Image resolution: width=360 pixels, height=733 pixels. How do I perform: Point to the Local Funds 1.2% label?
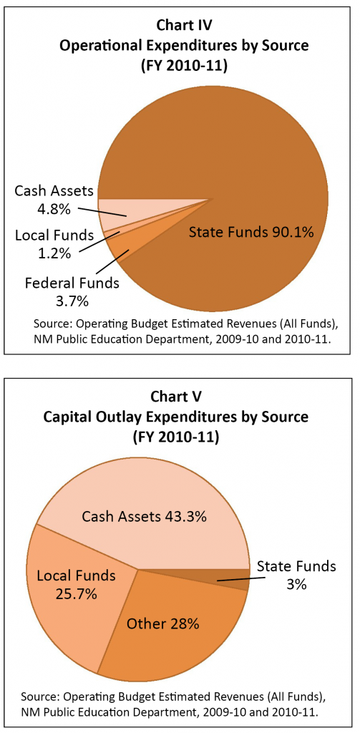[x=44, y=243]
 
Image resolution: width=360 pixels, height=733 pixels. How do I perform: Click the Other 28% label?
[x=162, y=623]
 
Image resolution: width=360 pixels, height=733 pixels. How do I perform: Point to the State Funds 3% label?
[x=296, y=575]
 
